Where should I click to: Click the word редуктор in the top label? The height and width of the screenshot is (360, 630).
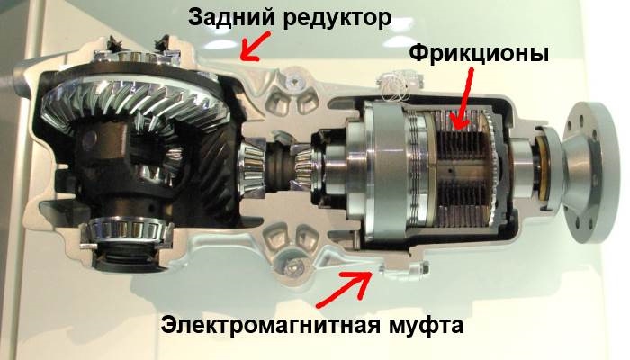coord(336,19)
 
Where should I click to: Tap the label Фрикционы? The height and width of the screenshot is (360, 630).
coord(479,53)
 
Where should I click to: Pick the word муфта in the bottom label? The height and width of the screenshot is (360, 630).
coord(426,325)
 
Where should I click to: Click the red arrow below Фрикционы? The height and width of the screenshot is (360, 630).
coord(461,100)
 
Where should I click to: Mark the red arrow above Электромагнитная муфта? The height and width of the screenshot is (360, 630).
coord(344,288)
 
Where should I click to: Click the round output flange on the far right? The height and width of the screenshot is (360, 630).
coord(589,173)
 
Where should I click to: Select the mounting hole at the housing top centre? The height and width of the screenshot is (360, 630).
coord(294,82)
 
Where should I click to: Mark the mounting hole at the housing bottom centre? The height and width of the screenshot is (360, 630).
coord(292,265)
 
